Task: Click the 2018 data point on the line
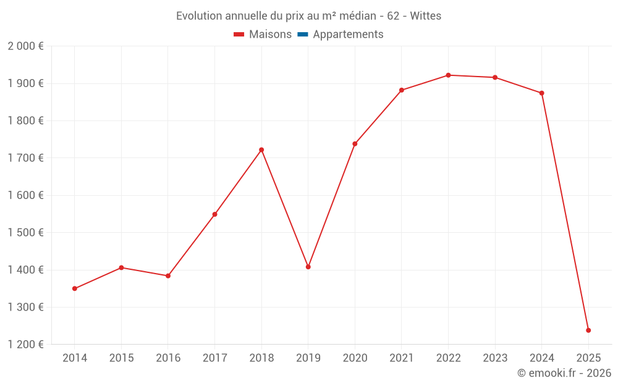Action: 261,149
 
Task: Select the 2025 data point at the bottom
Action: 588,330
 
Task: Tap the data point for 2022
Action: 448,75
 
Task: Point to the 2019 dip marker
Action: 308,267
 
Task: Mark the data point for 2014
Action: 75,288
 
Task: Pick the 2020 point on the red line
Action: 355,144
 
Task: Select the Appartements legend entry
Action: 348,35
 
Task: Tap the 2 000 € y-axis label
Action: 25,46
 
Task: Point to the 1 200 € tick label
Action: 25,345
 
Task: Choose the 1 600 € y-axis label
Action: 25,195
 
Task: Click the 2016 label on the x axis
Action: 168,358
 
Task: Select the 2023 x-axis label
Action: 495,358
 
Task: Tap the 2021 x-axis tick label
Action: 402,358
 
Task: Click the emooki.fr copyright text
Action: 564,373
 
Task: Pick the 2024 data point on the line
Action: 541,93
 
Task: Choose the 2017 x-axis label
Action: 214,358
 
